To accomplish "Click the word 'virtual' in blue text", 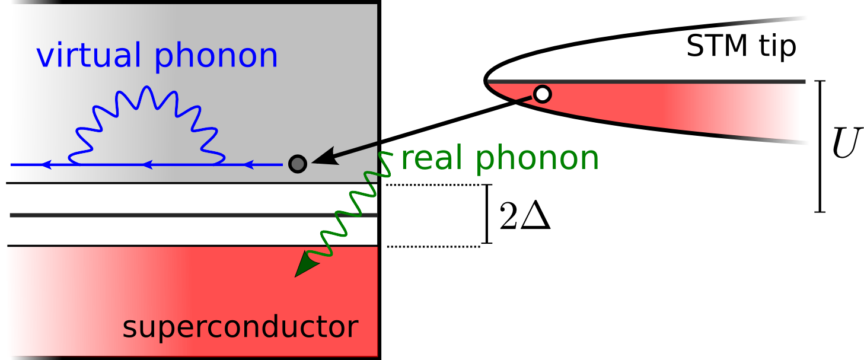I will click(x=88, y=56).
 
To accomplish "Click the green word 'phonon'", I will click(x=537, y=160).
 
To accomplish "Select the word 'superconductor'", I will click(x=240, y=327).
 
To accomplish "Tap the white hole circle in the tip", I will click(x=542, y=94).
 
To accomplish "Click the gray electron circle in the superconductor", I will click(x=297, y=163).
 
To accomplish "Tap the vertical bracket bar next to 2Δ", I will click(x=487, y=214).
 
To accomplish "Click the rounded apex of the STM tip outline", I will click(x=486, y=80).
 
